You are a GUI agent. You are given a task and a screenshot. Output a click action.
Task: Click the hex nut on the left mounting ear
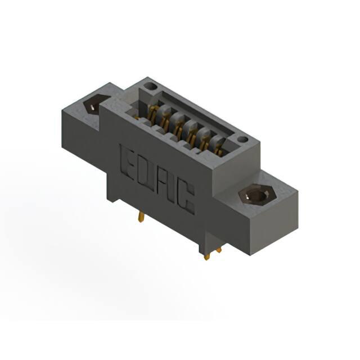tap(94, 105)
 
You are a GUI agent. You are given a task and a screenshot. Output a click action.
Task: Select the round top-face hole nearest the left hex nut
tap(150, 87)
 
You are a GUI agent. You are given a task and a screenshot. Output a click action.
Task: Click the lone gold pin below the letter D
tap(141, 217)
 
